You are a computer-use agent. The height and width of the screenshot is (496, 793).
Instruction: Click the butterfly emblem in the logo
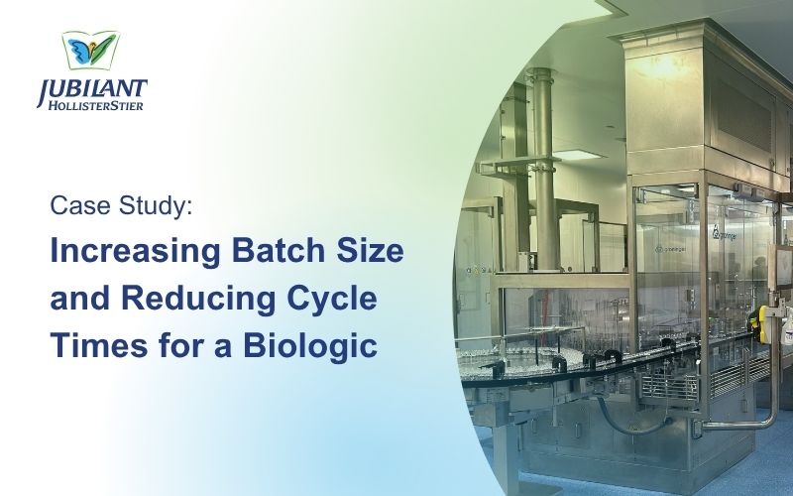pyautogui.click(x=91, y=51)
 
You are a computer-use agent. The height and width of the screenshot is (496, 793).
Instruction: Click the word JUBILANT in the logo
pyautogui.click(x=91, y=90)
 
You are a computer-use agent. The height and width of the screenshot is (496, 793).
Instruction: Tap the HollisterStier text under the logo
pyautogui.click(x=95, y=105)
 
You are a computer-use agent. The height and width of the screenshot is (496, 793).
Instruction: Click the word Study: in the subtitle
pyautogui.click(x=156, y=206)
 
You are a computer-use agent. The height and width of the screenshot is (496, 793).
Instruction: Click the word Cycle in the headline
pyautogui.click(x=332, y=300)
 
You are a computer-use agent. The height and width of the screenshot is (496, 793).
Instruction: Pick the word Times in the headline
pyautogui.click(x=99, y=345)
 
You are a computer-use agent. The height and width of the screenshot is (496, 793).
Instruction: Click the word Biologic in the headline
pyautogui.click(x=310, y=347)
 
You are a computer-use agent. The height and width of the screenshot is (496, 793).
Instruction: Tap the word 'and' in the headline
pyautogui.click(x=80, y=298)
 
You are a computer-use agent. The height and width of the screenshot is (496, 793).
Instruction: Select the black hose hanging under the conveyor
pyautogui.click(x=629, y=418)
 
